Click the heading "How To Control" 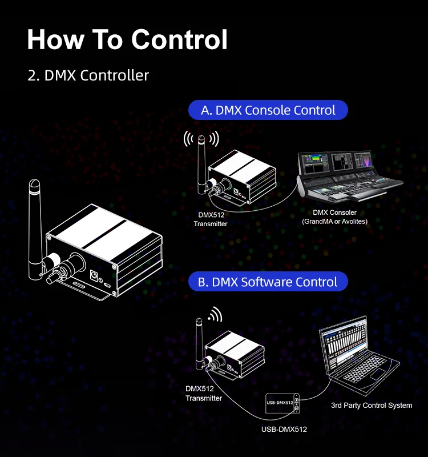click(128, 40)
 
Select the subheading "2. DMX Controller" click(88, 75)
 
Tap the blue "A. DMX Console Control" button click(268, 110)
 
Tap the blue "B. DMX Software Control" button click(268, 282)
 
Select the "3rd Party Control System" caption click(372, 406)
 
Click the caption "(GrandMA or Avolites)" click(334, 221)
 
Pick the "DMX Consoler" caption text click(334, 213)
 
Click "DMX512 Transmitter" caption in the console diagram click(211, 220)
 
